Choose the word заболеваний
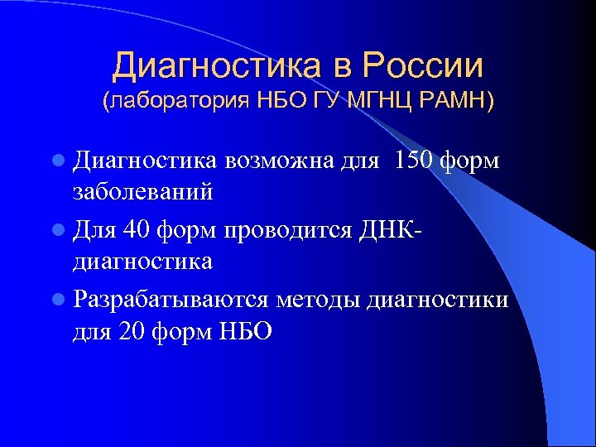click(x=143, y=193)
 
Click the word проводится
click(x=309, y=229)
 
